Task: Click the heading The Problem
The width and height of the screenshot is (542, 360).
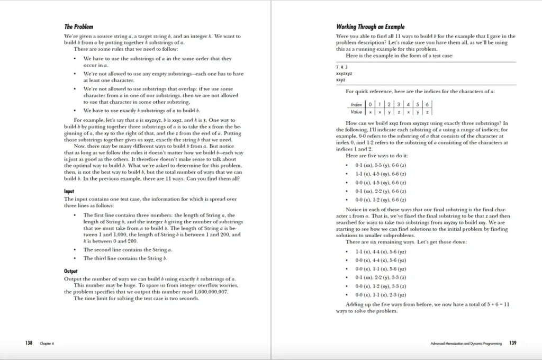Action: pyautogui.click(x=76, y=26)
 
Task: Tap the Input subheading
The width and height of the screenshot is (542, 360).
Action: pyautogui.click(x=69, y=191)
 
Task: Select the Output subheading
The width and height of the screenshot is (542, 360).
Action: pyautogui.click(x=71, y=271)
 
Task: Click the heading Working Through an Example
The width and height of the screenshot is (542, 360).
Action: pyautogui.click(x=371, y=26)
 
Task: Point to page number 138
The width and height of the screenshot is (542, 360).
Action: pyautogui.click(x=29, y=343)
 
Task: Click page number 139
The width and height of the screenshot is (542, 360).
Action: pyautogui.click(x=512, y=343)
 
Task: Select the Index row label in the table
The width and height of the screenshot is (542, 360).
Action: pyautogui.click(x=356, y=104)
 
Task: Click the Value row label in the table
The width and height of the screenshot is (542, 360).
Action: pyautogui.click(x=356, y=112)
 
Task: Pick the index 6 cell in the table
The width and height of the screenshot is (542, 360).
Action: pyautogui.click(x=427, y=104)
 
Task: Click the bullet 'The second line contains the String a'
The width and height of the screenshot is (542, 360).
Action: pyautogui.click(x=128, y=249)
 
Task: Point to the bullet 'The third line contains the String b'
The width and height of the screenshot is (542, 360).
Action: pyautogui.click(x=125, y=258)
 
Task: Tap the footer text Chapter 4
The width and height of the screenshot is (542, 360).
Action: pyautogui.click(x=47, y=344)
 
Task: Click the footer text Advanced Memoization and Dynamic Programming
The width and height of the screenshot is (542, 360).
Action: pyautogui.click(x=466, y=344)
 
